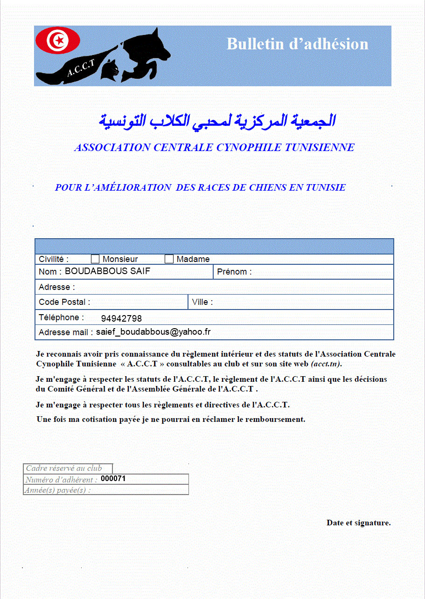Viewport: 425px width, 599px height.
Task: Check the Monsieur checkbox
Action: [x=95, y=259]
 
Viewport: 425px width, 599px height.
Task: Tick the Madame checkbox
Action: [x=169, y=259]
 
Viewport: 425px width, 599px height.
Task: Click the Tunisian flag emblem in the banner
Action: [x=58, y=41]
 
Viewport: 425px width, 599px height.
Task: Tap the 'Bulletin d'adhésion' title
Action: [x=298, y=44]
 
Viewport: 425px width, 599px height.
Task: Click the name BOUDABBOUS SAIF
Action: [x=107, y=271]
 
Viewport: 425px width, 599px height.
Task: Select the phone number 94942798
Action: [x=121, y=319]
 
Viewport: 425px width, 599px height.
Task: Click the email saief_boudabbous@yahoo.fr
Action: [x=153, y=332]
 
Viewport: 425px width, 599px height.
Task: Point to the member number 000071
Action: [x=113, y=478]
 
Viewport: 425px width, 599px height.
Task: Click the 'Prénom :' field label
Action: [x=234, y=272]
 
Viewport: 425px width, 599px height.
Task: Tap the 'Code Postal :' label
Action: [x=64, y=302]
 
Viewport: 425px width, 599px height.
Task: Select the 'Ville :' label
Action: [x=202, y=302]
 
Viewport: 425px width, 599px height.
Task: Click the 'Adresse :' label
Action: [x=56, y=287]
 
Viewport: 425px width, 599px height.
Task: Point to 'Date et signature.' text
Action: [x=358, y=523]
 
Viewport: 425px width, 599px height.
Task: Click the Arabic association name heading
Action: [x=217, y=121]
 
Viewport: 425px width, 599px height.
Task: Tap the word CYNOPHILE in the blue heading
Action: [x=249, y=148]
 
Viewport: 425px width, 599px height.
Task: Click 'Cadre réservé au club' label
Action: [x=64, y=468]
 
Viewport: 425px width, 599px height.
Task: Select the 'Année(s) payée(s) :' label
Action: [x=58, y=490]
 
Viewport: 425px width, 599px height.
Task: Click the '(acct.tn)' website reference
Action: [x=329, y=364]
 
